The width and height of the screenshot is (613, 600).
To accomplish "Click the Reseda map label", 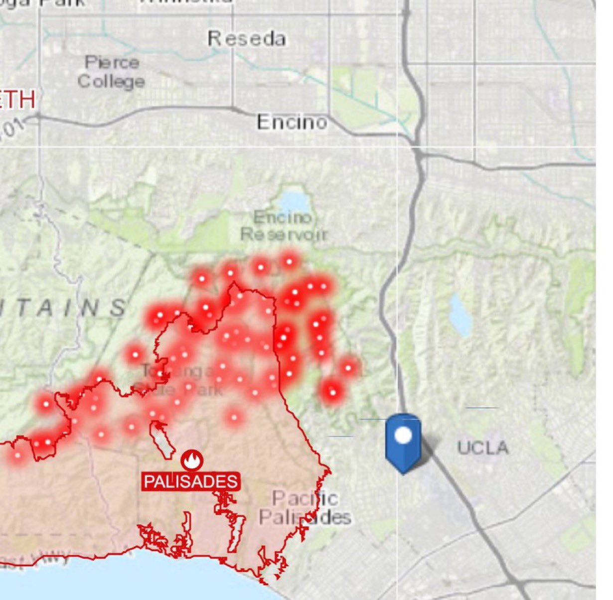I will [x=247, y=39].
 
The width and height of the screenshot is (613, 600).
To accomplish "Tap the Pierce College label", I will [x=112, y=72].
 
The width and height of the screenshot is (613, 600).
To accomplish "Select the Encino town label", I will [x=292, y=122].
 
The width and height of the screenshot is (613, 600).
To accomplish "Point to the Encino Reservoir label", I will [x=284, y=226].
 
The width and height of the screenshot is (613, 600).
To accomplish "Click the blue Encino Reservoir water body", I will [x=294, y=201].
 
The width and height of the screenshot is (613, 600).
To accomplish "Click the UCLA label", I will [x=483, y=447].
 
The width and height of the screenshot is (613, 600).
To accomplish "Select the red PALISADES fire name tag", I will [x=190, y=481].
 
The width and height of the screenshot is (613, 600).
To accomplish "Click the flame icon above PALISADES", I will [x=190, y=460].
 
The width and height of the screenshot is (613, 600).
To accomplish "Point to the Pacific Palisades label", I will [x=305, y=507].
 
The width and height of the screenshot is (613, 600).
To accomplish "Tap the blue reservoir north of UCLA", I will [x=460, y=314].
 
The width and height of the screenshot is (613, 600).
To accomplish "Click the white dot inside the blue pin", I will [x=403, y=436].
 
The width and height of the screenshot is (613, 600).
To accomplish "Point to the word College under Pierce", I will [x=112, y=81].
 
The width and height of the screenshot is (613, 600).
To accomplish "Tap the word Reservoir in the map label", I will [x=284, y=234].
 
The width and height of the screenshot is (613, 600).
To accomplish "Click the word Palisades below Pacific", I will [x=305, y=517].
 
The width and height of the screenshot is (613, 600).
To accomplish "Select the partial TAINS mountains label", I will [x=65, y=307].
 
